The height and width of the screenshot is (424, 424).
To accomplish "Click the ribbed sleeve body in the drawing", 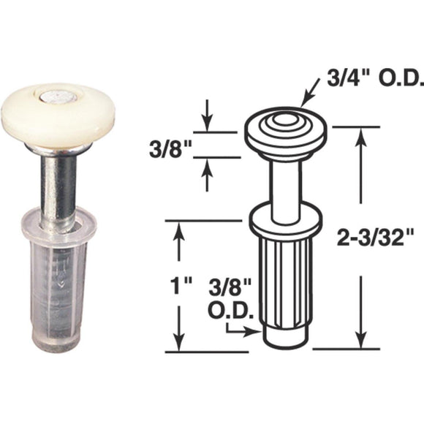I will pyautogui.click(x=286, y=281).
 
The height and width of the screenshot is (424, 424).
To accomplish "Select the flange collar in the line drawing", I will pyautogui.click(x=286, y=219).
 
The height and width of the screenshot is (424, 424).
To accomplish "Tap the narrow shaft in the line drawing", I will pyautogui.click(x=281, y=183).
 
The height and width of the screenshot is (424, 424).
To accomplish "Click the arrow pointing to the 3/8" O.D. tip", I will pyautogui.click(x=252, y=331).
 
